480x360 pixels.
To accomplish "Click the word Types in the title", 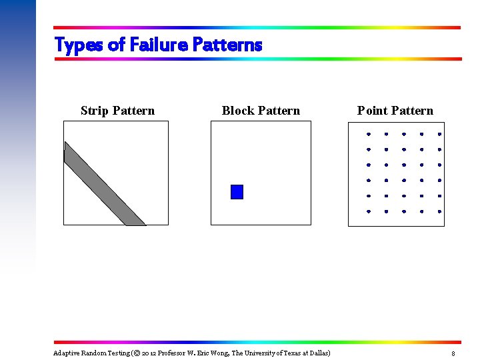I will point(79,45).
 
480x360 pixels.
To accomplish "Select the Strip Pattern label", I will point(117,111).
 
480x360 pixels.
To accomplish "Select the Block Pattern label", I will point(261,111).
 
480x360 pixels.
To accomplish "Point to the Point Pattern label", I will point(395,111).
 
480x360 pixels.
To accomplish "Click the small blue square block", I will point(237,192).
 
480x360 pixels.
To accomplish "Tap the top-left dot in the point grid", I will point(368,134).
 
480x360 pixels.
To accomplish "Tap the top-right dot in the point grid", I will point(439,134).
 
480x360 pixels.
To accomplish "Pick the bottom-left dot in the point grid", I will point(368,211).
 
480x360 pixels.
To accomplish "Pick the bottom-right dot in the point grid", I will point(439,211).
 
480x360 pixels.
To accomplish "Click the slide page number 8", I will point(453,353).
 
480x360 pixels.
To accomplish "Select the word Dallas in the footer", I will point(317,353).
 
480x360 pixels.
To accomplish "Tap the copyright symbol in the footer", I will point(136,353).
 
